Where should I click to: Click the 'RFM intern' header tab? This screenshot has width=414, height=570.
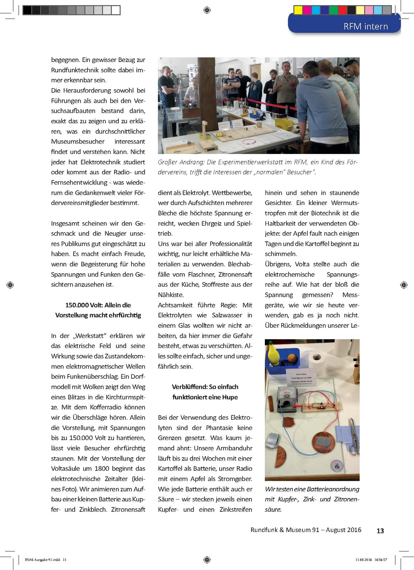click(365, 26)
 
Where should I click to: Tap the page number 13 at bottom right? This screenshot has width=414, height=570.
click(380, 531)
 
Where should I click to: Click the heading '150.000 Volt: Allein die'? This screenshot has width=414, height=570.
click(98, 305)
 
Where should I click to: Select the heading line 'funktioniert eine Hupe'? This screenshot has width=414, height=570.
click(205, 397)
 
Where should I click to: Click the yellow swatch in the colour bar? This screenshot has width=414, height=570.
click(298, 10)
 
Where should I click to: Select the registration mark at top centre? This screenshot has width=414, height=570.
click(207, 10)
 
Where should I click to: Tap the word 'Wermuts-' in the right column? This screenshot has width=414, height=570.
click(345, 203)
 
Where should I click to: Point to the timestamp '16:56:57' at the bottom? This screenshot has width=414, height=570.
click(380, 560)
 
